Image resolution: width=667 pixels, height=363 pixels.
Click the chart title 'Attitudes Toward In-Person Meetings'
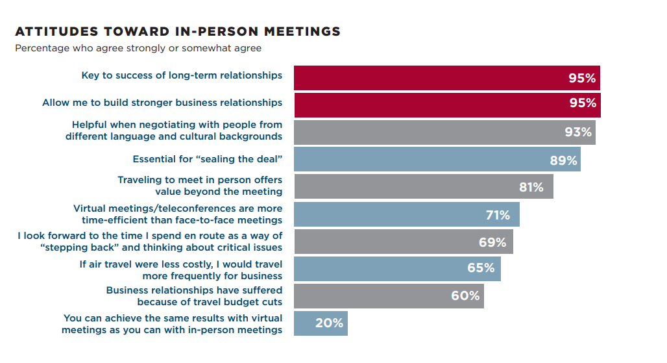(x=177, y=31)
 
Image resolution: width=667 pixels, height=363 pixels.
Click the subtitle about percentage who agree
(x=138, y=48)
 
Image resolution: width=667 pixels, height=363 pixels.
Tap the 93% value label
(x=578, y=132)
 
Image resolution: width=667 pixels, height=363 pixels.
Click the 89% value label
(x=563, y=160)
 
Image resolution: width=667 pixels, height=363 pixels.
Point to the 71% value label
(x=498, y=215)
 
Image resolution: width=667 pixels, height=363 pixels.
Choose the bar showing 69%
(x=403, y=242)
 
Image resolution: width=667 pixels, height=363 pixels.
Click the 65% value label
(x=481, y=268)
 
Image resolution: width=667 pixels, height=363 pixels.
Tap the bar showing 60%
(x=389, y=295)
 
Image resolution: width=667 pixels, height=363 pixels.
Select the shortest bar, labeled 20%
(x=321, y=323)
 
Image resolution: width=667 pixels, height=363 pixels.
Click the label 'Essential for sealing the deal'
(x=208, y=159)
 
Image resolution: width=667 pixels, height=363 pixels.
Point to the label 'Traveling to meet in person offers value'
(x=200, y=186)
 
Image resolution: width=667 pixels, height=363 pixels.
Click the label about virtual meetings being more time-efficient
(x=178, y=214)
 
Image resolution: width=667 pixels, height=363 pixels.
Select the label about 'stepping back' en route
(x=150, y=241)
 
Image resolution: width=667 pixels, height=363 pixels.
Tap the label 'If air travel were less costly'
(x=181, y=269)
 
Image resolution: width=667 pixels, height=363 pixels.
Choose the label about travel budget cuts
(x=195, y=296)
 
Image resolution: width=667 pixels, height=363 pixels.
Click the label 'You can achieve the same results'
(x=173, y=323)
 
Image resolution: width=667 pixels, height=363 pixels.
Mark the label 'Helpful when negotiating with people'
(x=174, y=131)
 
